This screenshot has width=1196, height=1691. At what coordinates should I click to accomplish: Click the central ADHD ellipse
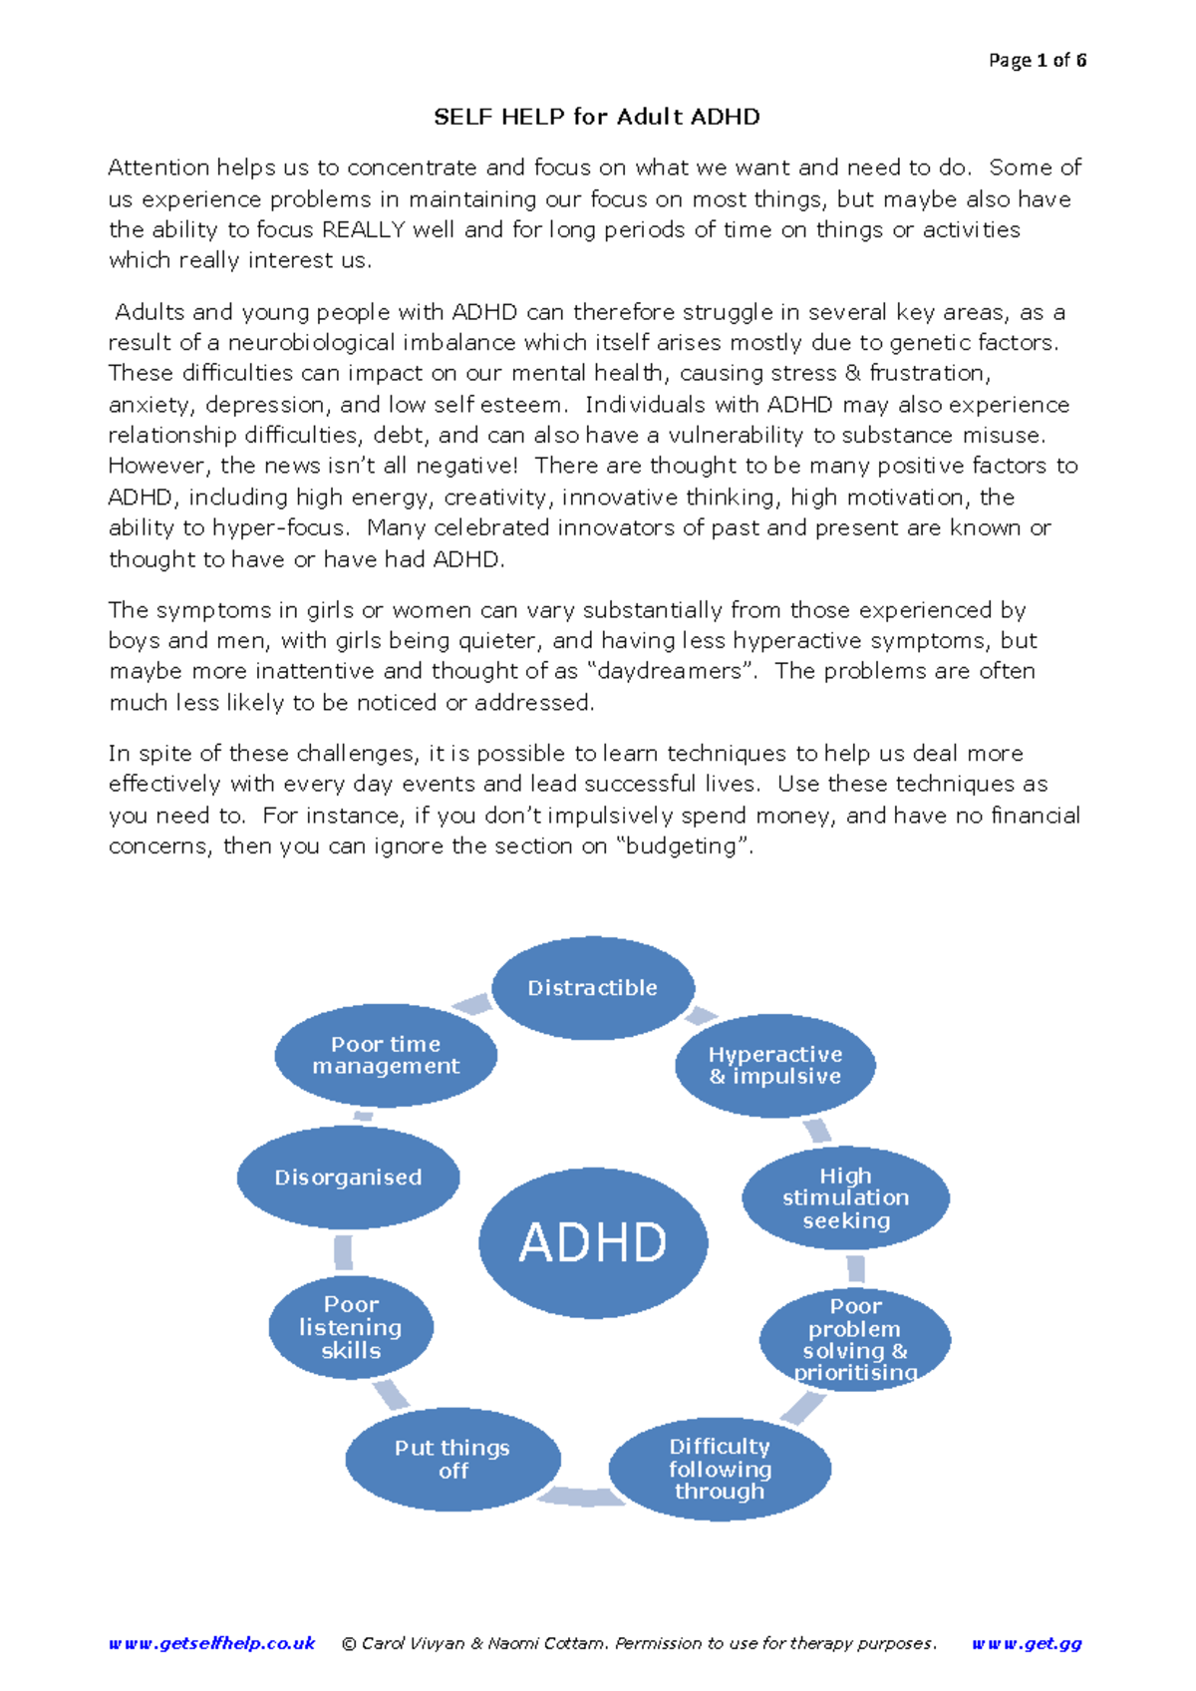pos(593,1242)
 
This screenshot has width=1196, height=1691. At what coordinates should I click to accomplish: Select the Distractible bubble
pos(593,987)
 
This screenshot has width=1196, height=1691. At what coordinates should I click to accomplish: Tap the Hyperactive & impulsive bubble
pos(775,1065)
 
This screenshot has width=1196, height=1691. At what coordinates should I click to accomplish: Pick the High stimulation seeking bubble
pos(845,1197)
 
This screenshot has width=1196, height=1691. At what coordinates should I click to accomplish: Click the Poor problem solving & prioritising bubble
pos(855,1339)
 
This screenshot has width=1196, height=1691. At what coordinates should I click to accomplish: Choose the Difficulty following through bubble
pos(720,1469)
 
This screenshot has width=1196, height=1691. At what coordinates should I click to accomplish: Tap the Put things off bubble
pos(452,1459)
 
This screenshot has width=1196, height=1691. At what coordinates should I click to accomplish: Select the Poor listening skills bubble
pos(351,1327)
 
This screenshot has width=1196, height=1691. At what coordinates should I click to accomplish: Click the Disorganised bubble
pos(348,1178)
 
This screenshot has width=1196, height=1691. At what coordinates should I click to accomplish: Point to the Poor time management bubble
pos(386,1055)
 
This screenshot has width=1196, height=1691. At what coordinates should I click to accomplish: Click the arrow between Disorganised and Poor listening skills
pos(343,1252)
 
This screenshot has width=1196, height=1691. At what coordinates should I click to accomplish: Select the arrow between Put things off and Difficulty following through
pos(583,1496)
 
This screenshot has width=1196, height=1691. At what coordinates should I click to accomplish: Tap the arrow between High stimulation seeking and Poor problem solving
pos(855,1269)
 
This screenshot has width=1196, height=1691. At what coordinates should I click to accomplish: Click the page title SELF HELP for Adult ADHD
pos(597,117)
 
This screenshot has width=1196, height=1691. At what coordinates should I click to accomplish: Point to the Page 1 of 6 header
pos(1037,60)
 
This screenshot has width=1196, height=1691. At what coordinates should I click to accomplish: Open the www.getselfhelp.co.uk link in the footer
pos(211,1643)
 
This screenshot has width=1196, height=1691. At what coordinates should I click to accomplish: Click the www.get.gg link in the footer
pos(1027,1643)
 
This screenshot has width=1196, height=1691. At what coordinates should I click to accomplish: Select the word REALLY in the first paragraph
pos(364,229)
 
